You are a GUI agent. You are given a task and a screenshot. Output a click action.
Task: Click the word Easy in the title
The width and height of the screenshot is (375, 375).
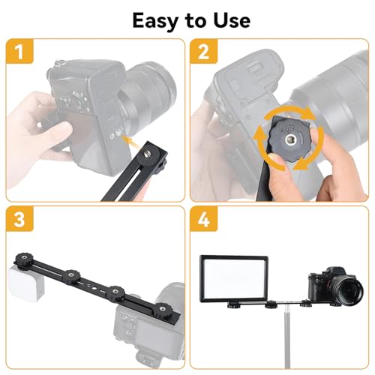tap(155, 20)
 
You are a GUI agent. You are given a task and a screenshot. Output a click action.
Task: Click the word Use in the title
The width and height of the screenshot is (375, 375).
tap(226, 20)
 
